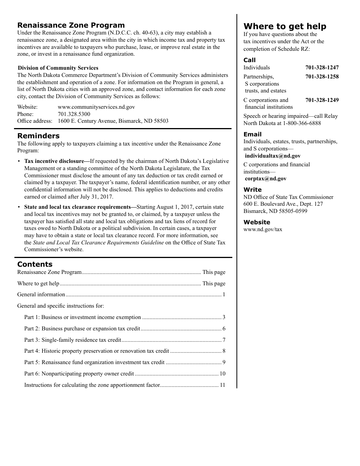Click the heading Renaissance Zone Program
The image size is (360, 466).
click(71, 25)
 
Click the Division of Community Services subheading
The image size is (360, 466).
click(58, 68)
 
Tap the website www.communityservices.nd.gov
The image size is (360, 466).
click(96, 107)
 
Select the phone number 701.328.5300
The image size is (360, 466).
click(74, 114)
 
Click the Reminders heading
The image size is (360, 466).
click(38, 136)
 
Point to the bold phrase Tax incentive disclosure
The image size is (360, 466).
click(54, 161)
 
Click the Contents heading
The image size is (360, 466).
click(35, 264)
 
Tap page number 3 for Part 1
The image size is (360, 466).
click(224, 317)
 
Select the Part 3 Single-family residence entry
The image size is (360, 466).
click(73, 340)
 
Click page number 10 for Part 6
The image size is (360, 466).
click(222, 374)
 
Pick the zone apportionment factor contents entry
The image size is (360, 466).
click(92, 385)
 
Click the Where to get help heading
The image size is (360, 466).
click(285, 27)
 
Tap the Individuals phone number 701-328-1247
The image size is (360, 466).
click(322, 68)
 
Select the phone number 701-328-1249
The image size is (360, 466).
click(322, 100)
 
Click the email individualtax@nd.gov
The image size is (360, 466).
click(272, 156)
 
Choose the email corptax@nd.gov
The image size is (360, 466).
click(265, 179)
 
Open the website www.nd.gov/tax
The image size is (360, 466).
click(263, 230)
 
